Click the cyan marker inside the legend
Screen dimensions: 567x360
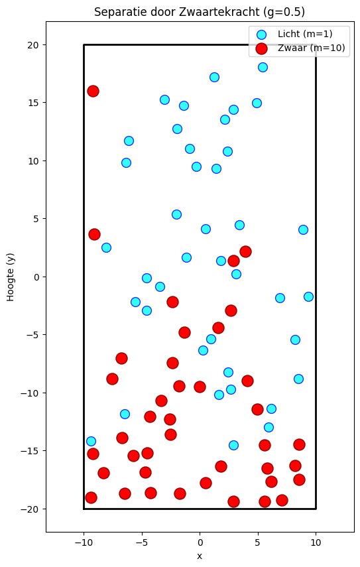(x=261, y=34)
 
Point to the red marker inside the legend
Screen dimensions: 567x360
(x=261, y=48)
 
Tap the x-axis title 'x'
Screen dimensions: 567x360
(x=200, y=556)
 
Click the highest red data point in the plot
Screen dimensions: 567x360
(x=93, y=91)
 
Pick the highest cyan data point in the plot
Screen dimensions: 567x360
(x=263, y=67)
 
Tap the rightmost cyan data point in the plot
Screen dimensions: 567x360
(x=308, y=296)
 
